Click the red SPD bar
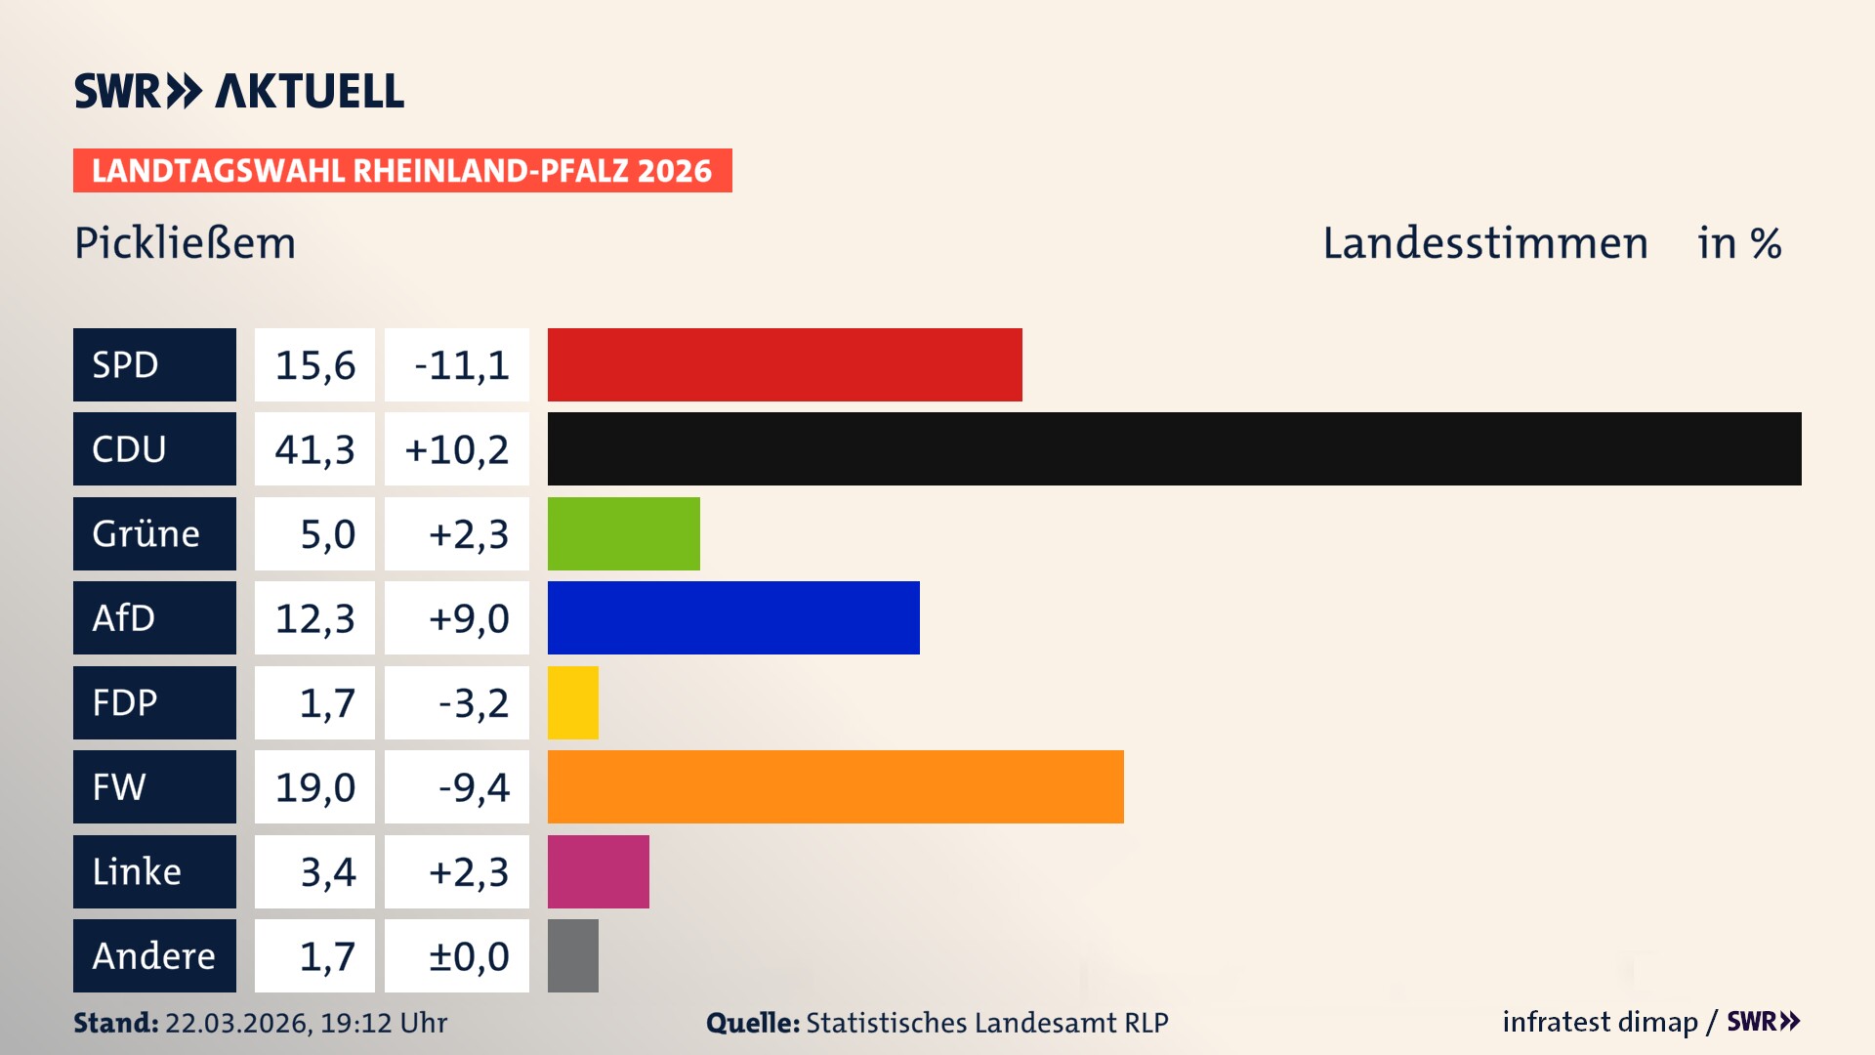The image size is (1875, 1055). click(784, 364)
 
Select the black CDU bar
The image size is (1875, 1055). click(1174, 448)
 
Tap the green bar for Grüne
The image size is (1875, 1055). click(623, 533)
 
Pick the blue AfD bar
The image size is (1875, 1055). click(733, 617)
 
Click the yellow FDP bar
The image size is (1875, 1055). click(572, 702)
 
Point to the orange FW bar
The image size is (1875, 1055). click(835, 786)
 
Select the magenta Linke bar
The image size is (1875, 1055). click(598, 871)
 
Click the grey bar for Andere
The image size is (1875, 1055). click(572, 955)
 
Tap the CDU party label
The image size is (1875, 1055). click(154, 448)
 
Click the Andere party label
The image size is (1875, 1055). click(154, 955)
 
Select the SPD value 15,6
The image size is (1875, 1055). click(314, 364)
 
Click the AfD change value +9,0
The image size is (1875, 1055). click(457, 617)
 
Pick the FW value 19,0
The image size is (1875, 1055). click(314, 786)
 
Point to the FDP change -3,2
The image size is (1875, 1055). click(457, 702)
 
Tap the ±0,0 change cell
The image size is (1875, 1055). click(457, 955)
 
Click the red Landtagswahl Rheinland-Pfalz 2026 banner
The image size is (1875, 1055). click(402, 170)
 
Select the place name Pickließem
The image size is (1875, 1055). click(185, 243)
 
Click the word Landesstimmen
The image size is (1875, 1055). click(1484, 243)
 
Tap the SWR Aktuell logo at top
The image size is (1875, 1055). click(239, 91)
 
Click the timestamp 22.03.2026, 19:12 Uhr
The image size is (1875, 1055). click(306, 1023)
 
